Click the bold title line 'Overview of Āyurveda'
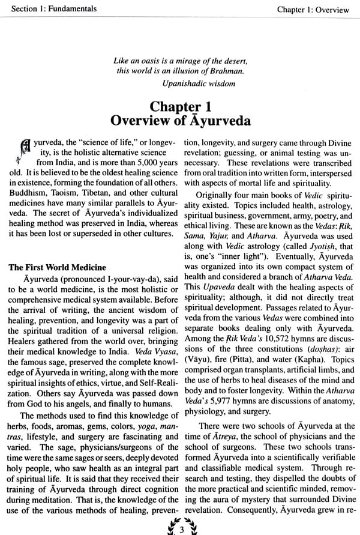[x=180, y=119]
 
